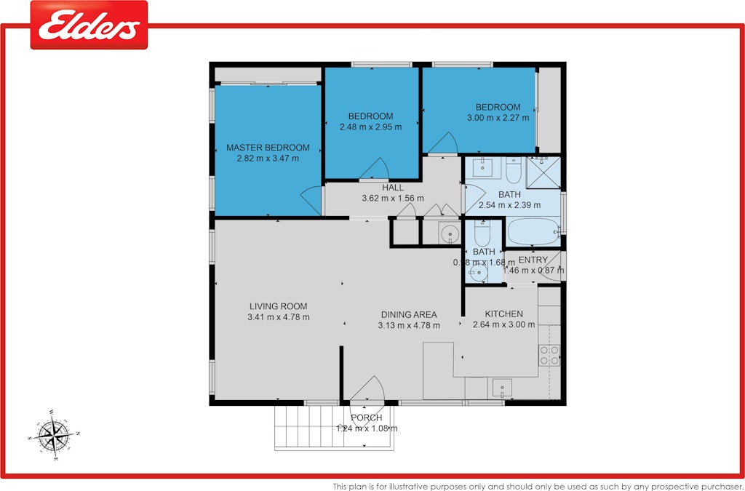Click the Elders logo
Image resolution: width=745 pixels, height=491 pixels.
(x=89, y=25)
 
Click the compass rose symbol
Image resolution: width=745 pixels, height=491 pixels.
(x=53, y=435)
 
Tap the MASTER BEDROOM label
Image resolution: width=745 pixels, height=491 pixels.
(x=268, y=148)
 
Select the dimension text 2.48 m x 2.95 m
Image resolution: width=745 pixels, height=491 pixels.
(x=370, y=127)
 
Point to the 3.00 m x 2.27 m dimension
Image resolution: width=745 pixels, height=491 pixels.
(x=498, y=117)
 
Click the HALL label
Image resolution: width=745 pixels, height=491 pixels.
(x=392, y=188)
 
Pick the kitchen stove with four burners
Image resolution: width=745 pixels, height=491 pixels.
(x=549, y=354)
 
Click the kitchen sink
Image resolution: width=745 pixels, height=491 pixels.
(x=502, y=387)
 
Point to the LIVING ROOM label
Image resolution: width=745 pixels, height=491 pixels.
(x=278, y=306)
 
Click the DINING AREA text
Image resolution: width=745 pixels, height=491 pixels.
(x=409, y=315)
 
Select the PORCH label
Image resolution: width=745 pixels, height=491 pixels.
(x=366, y=418)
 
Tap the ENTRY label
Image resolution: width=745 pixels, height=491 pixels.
(x=533, y=260)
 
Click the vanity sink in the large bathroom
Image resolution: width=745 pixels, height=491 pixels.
(x=482, y=168)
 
